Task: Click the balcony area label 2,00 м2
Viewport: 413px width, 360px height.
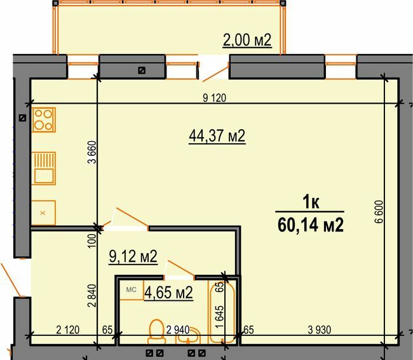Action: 247,41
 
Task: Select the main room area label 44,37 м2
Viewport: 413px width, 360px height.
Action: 217,135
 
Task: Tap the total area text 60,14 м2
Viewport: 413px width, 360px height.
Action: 311,225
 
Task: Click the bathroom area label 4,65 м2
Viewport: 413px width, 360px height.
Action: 168,293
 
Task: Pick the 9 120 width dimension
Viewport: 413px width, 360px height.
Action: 214,98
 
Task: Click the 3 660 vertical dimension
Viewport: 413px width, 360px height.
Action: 90,153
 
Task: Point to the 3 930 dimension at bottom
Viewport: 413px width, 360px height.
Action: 321,329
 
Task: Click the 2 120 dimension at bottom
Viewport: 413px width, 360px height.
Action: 67,329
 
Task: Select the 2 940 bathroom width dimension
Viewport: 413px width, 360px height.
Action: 178,329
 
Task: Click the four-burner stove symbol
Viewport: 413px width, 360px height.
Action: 43,120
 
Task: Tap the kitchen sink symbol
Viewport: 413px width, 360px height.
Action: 44,167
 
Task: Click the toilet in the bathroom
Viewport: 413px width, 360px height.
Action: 156,331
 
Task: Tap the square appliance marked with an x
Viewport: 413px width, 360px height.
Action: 43,212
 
